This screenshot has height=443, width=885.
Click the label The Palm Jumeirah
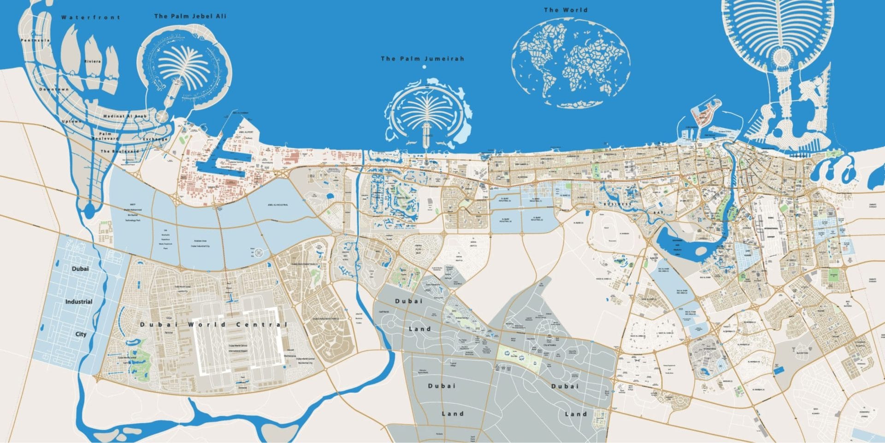[422, 59]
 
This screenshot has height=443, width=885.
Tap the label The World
[566, 10]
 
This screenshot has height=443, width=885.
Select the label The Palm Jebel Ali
[190, 16]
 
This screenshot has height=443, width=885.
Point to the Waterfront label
[90, 18]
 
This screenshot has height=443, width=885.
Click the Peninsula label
[35, 41]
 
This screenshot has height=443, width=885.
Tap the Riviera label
[92, 61]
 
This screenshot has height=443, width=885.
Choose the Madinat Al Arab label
[125, 116]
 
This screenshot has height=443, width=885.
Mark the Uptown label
[71, 121]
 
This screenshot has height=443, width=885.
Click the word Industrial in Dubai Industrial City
[79, 302]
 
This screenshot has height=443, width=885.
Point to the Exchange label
[155, 139]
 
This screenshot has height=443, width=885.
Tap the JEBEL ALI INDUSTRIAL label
[277, 205]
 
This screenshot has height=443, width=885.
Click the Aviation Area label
[200, 241]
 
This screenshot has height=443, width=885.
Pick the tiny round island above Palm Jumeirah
[424, 67]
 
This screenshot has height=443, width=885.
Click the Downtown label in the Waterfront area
[54, 89]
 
